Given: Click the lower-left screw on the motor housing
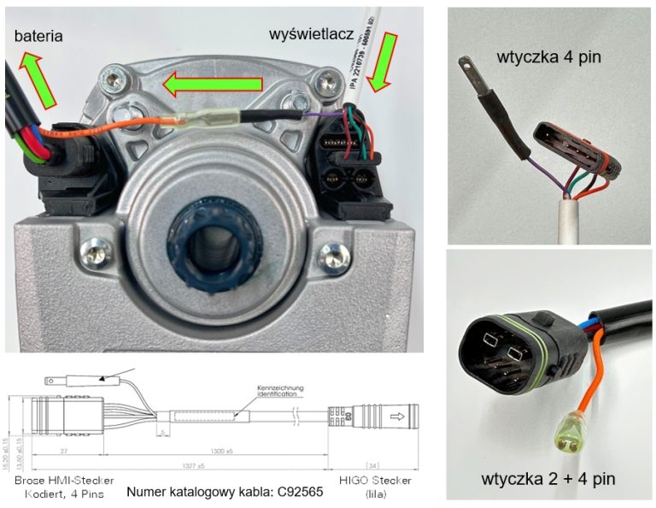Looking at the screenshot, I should point(91,252).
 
